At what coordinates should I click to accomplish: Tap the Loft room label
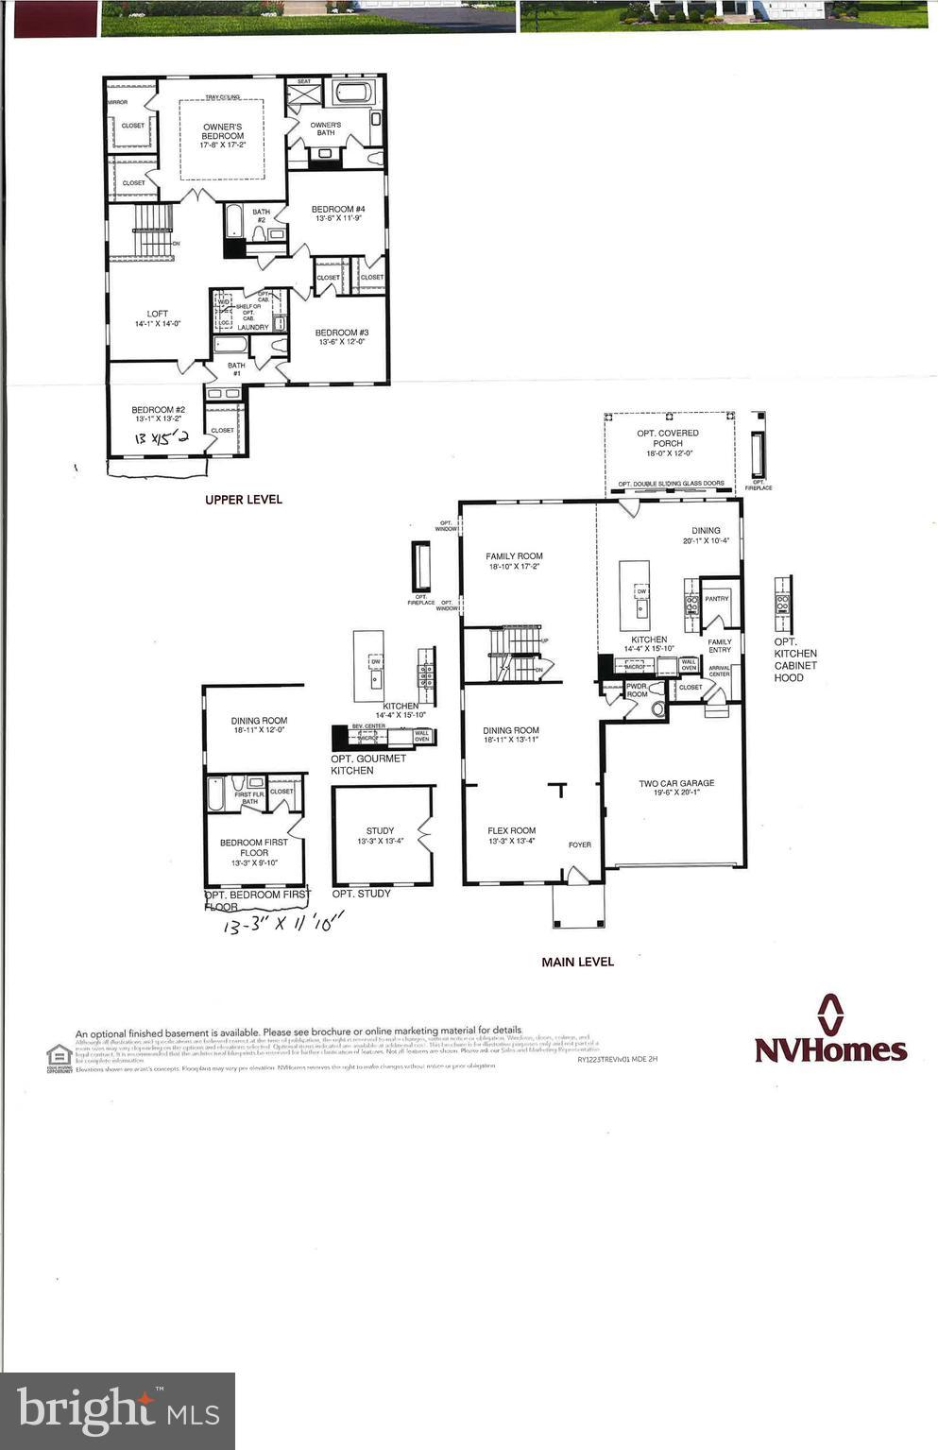[157, 318]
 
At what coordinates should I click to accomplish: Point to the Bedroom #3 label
[341, 337]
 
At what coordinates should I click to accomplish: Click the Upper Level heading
[244, 499]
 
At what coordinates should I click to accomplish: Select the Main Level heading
[577, 962]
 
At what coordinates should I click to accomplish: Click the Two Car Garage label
[676, 788]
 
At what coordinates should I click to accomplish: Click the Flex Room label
[512, 835]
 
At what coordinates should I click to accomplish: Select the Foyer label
[579, 844]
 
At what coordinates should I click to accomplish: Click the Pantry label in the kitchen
[716, 599]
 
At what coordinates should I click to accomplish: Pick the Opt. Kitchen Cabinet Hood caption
[795, 659]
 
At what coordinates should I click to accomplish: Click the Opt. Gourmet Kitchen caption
[367, 764]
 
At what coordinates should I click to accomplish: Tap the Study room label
[380, 836]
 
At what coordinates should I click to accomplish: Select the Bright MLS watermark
[118, 1410]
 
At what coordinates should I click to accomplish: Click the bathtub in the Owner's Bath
[355, 93]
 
